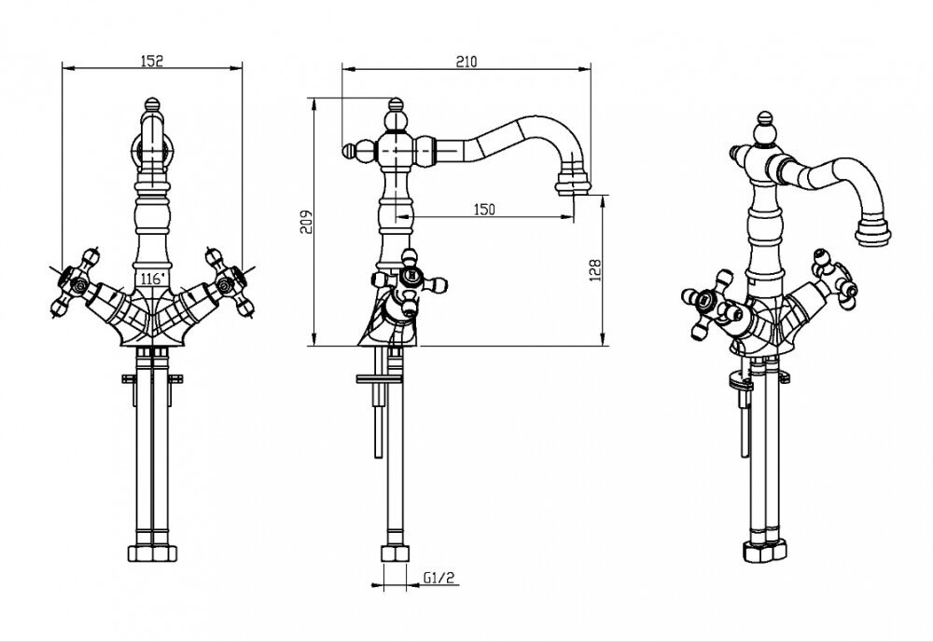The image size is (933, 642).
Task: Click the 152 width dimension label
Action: point(152,61)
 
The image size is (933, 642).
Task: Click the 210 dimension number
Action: point(466,61)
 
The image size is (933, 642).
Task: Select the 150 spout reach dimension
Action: point(483,211)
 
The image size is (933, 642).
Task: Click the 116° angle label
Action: point(152,278)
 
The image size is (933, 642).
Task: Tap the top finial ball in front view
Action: point(152,103)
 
